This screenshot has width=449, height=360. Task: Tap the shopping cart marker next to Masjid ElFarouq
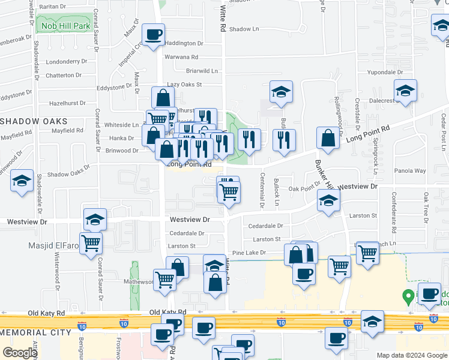91,243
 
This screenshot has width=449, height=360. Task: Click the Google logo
19,353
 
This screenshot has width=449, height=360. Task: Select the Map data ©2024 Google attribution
411,355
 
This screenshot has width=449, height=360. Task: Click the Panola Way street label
411,170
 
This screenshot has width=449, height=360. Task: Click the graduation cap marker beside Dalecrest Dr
405,91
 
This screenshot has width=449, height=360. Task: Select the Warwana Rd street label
181,57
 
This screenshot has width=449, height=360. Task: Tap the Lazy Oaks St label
184,85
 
